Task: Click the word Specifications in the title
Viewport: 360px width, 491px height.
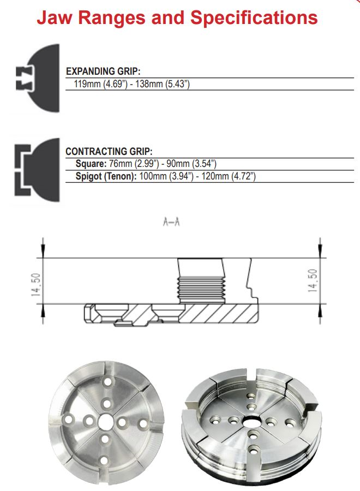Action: tap(254, 19)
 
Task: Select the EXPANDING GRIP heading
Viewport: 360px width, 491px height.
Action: tap(103, 71)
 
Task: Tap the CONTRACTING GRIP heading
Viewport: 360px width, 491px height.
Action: tap(109, 152)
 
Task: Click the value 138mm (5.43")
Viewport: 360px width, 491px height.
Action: tap(163, 84)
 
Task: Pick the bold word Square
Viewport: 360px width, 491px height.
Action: tap(91, 164)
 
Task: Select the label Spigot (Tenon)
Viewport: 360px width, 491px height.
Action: tap(106, 176)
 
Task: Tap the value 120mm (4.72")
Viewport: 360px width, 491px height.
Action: tap(229, 176)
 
